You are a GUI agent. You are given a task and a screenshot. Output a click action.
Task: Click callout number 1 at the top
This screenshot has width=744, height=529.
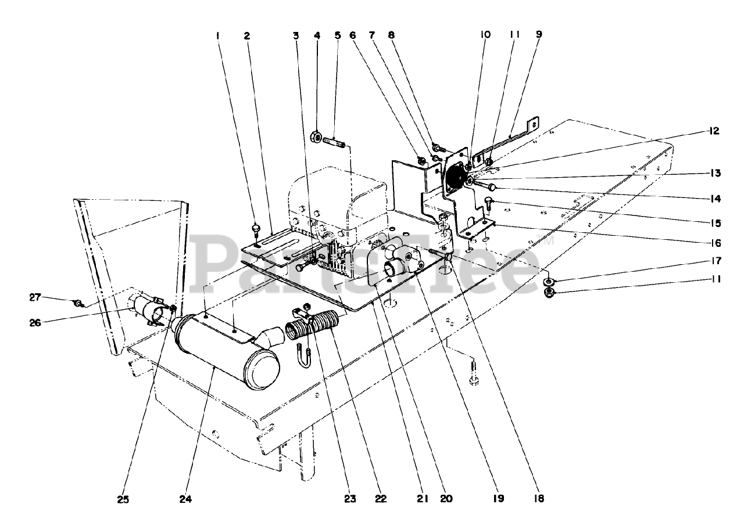pos(218,35)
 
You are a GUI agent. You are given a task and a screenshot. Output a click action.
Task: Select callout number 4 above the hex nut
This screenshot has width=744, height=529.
pos(317,35)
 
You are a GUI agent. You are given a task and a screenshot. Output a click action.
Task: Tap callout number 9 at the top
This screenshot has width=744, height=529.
pos(539,35)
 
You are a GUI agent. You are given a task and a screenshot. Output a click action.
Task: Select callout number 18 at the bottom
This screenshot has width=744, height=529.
pos(539,498)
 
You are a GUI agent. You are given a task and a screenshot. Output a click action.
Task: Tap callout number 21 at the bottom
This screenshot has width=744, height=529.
pos(422,498)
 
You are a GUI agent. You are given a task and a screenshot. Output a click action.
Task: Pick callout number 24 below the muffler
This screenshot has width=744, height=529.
pos(185,498)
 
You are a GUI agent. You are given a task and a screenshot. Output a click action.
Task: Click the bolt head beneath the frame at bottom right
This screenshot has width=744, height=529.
pos(473,380)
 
